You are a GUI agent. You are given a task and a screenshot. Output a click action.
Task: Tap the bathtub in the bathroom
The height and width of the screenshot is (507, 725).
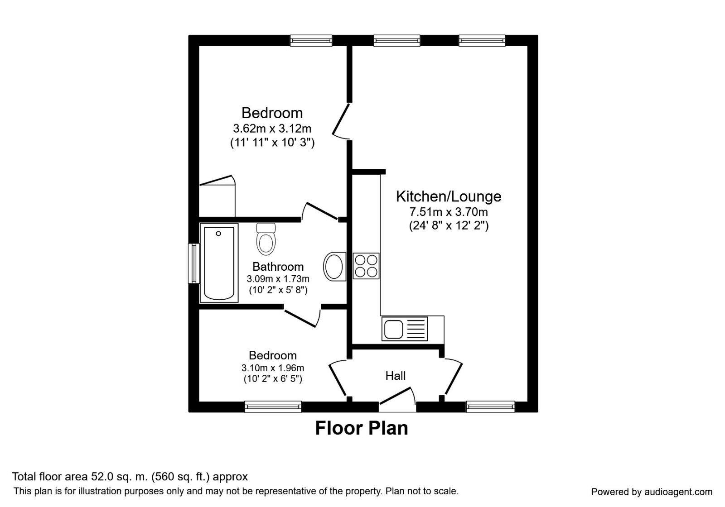[219, 263]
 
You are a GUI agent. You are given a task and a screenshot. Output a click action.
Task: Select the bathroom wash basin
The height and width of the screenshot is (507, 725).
[334, 267]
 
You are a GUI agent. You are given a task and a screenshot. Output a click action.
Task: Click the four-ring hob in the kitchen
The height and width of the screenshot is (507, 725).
[366, 266]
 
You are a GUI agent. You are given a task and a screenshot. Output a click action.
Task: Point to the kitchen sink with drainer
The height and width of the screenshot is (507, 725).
[405, 329]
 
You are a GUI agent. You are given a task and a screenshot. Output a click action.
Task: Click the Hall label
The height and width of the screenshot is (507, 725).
[396, 376]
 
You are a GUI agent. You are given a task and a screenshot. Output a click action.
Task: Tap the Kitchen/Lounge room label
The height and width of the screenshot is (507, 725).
[449, 196]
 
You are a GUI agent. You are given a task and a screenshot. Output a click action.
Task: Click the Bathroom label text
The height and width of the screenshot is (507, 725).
[278, 267]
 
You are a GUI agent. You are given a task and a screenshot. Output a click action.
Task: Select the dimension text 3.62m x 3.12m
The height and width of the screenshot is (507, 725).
[272, 129]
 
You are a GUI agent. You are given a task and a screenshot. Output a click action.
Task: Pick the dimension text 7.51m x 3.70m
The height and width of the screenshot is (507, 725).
[449, 212]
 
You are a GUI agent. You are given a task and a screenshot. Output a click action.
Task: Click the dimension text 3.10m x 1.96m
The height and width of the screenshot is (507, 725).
[273, 368]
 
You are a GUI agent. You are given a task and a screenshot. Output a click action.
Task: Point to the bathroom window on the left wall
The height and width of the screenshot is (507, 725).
[194, 263]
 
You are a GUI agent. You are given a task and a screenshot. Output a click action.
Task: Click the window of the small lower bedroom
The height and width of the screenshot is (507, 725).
[273, 407]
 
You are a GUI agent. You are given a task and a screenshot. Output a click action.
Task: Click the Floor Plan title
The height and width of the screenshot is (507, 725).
[362, 428]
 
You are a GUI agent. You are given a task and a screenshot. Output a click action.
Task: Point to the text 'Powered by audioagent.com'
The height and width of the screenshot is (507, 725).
[652, 492]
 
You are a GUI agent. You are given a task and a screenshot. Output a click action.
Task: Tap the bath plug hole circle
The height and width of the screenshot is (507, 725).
[218, 234]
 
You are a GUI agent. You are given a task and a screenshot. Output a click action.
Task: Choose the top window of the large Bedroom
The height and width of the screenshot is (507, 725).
[311, 40]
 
